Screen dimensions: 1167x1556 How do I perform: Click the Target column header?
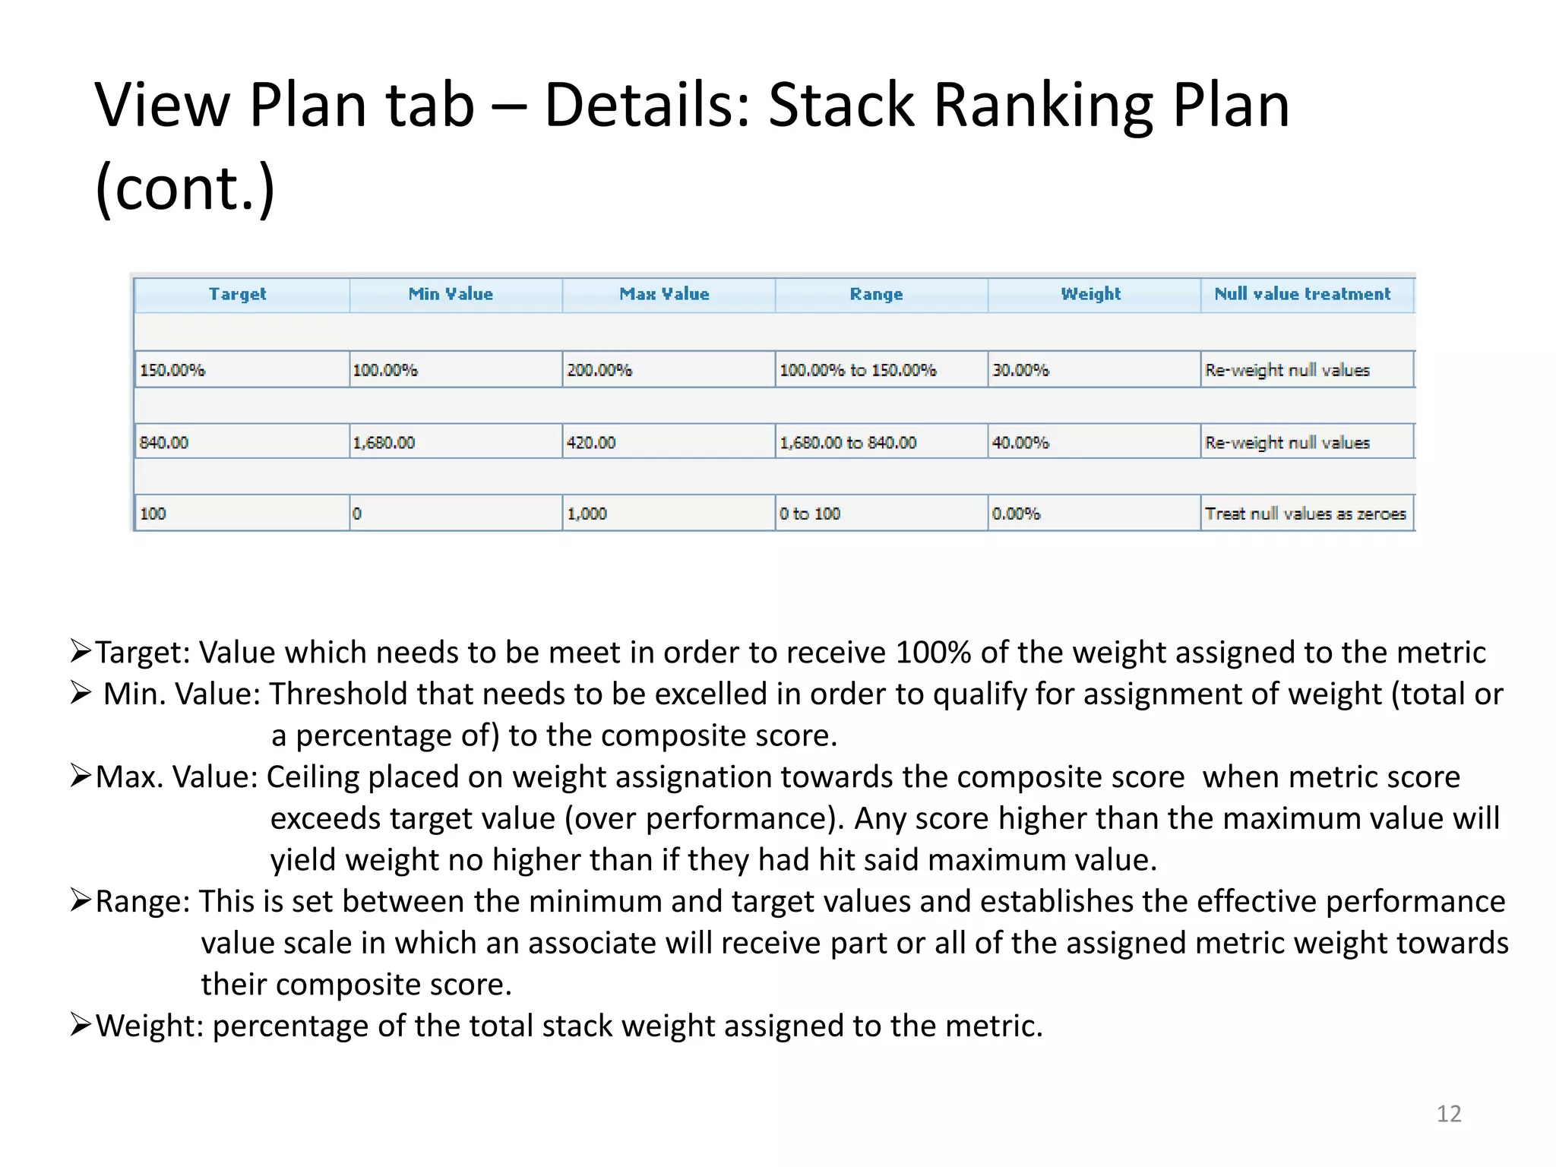(x=238, y=295)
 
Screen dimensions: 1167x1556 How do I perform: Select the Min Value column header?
(x=451, y=295)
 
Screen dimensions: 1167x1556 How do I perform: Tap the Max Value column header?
(x=664, y=295)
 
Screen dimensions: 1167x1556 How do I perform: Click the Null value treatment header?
(x=1302, y=295)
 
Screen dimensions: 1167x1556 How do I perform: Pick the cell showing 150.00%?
(x=172, y=370)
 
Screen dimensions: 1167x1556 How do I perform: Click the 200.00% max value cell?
(x=599, y=370)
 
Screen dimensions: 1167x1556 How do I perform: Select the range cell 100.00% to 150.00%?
(x=858, y=370)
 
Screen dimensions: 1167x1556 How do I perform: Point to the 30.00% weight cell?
(x=1020, y=370)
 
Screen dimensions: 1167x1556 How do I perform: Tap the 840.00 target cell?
(x=164, y=442)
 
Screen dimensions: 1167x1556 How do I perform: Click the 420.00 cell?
(x=591, y=442)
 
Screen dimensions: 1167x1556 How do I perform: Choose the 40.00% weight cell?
(x=1020, y=442)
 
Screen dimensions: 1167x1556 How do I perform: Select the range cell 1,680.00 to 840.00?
(x=848, y=442)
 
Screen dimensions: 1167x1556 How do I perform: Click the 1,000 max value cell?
(x=587, y=514)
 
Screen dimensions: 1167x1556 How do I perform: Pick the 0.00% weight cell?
(x=1016, y=514)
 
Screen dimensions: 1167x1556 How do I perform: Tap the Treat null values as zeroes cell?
(x=1305, y=514)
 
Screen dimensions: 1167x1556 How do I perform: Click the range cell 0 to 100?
(x=810, y=514)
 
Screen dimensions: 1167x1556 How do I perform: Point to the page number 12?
(x=1449, y=1114)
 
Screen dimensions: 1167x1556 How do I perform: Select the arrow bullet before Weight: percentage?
(x=81, y=1025)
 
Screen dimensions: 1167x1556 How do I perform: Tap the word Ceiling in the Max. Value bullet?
(x=312, y=777)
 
